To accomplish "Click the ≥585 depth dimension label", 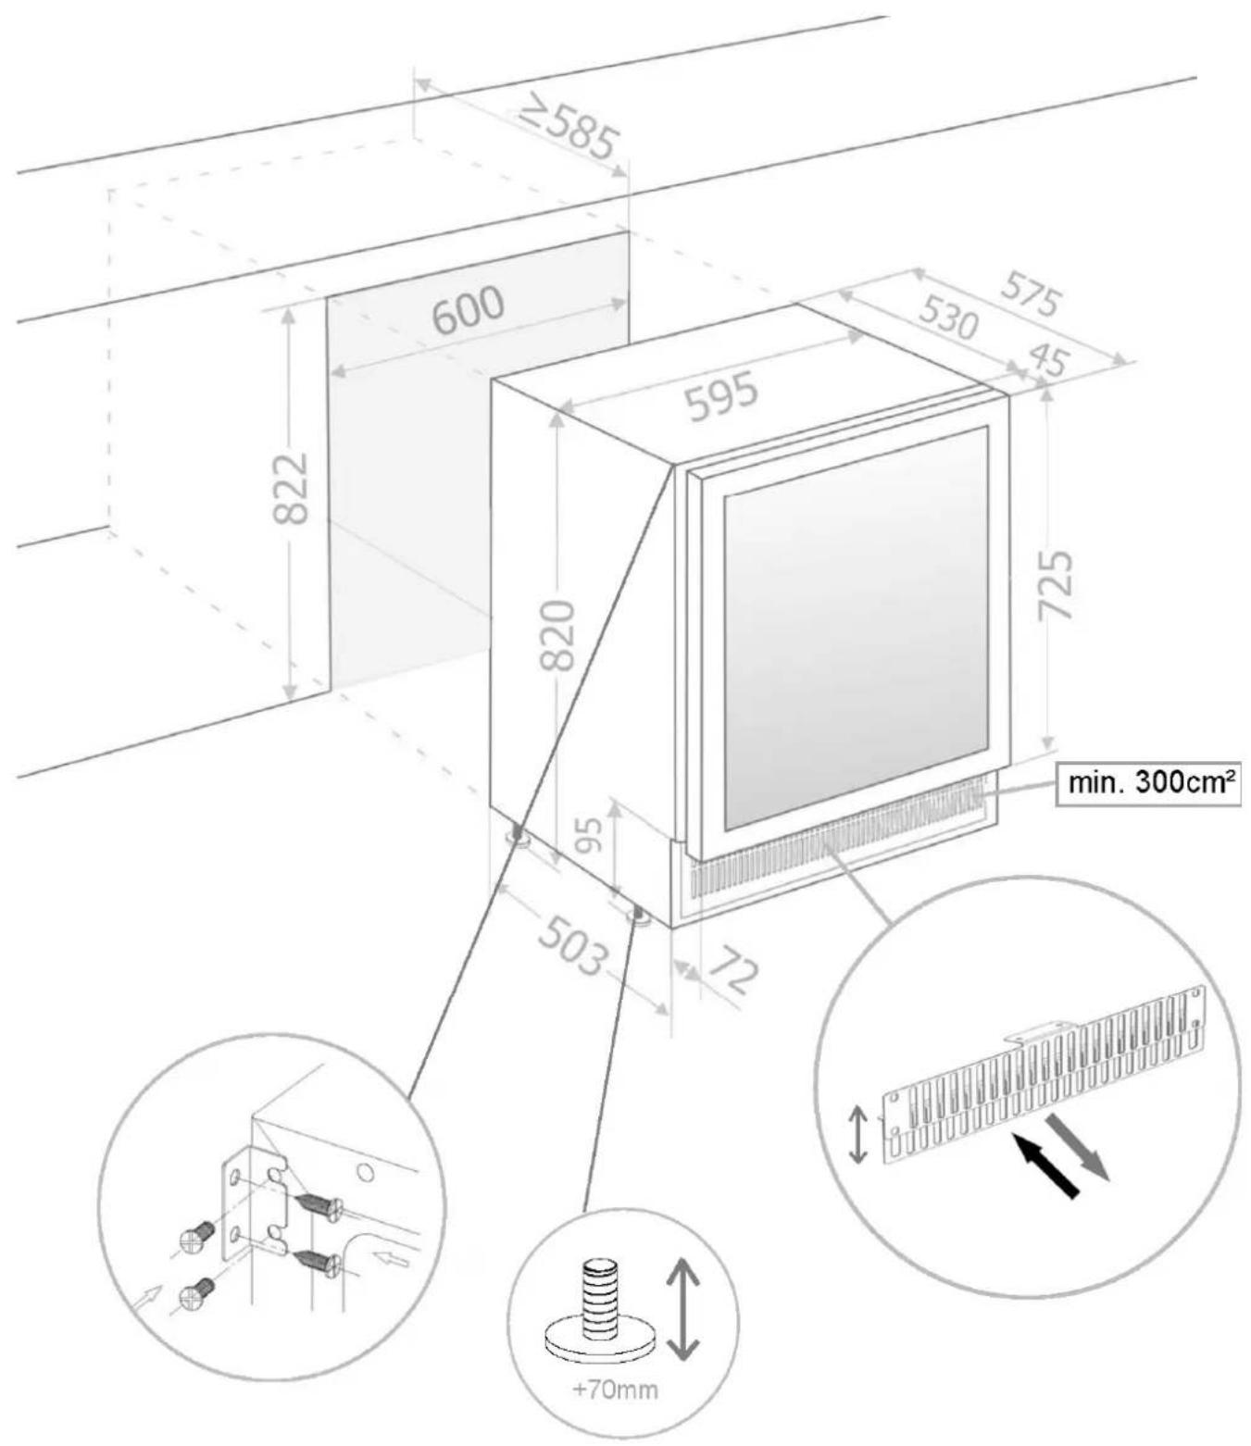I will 567,129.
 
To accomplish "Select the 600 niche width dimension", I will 470,310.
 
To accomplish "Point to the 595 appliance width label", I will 722,396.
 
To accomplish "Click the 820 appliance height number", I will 558,634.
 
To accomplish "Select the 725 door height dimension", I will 1055,585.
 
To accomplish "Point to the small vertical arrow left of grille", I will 858,1135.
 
